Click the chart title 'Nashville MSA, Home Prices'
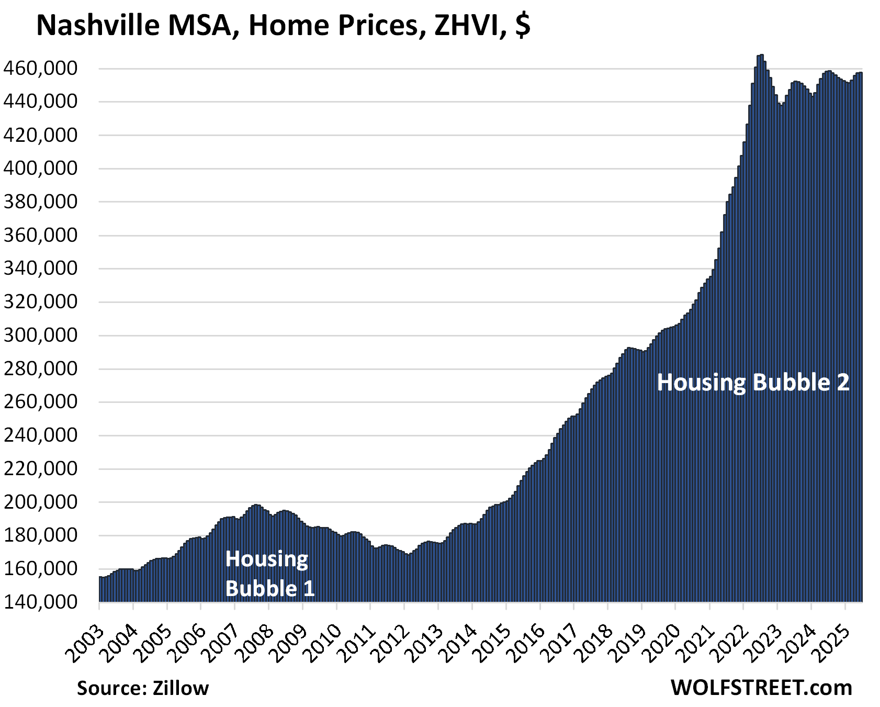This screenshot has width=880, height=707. click(230, 25)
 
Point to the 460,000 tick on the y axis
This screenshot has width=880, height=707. click(40, 69)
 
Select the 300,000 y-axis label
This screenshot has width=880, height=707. click(40, 335)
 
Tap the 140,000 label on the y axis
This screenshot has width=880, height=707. click(40, 602)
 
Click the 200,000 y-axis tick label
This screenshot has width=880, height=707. click(40, 502)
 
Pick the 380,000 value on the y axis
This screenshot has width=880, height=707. click(40, 202)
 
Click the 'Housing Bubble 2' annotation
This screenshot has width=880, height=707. click(753, 383)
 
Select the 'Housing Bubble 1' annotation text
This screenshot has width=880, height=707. click(269, 574)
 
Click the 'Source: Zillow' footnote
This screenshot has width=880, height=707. click(143, 688)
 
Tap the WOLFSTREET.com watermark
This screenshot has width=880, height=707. click(761, 688)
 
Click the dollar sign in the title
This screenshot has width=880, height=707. click(522, 25)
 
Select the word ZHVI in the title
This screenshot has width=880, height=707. click(469, 25)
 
